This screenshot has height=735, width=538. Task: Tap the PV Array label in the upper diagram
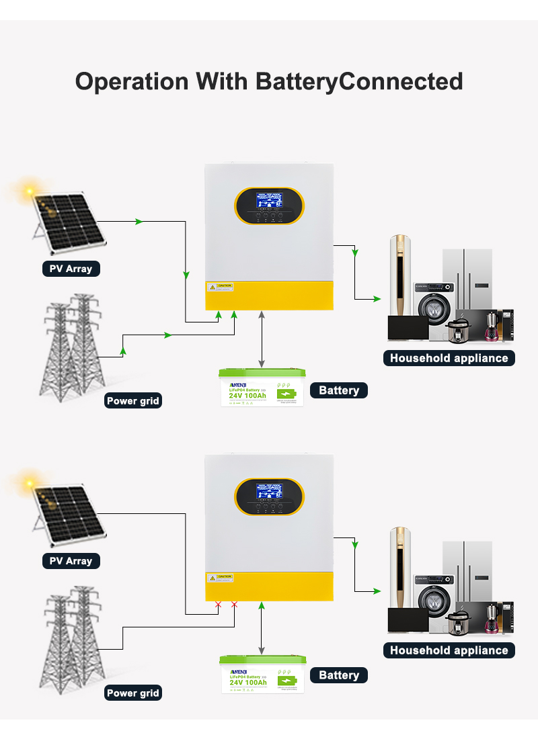pos(71,269)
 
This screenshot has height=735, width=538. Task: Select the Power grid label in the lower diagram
pos(132,693)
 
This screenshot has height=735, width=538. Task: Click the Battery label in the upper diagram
pos(339,390)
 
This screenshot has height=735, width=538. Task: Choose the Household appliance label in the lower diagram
pos(449,650)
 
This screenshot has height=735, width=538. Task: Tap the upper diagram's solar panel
pos(69,226)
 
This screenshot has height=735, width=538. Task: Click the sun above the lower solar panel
pos(29,482)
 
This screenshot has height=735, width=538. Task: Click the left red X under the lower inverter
pos(218,605)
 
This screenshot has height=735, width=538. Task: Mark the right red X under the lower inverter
pos(234,605)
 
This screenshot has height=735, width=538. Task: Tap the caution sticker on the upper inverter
pos(220,287)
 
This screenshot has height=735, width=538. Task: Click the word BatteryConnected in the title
pos(359,81)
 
